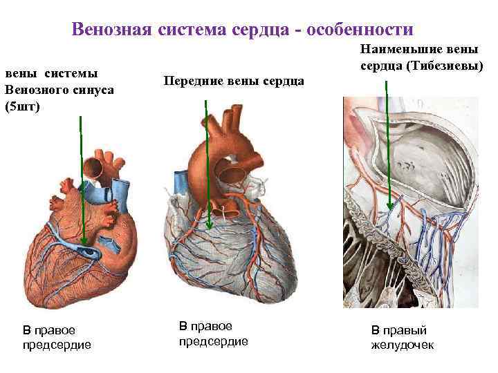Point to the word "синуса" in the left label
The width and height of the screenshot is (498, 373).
(x=91, y=90)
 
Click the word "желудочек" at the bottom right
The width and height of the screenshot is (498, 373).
(x=403, y=345)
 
